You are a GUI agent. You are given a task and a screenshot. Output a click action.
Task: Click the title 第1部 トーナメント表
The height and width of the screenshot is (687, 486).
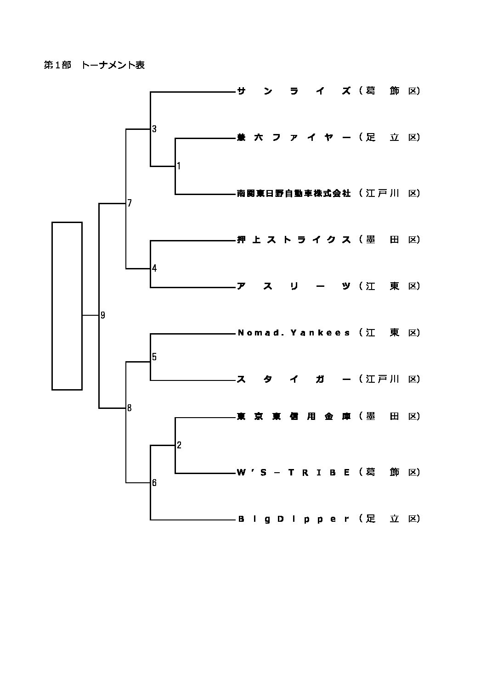coord(94,65)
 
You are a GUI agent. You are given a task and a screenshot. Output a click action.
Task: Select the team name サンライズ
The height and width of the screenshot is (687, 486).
coord(294,91)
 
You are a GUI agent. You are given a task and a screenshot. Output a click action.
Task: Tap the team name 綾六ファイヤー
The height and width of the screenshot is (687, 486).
coord(294,137)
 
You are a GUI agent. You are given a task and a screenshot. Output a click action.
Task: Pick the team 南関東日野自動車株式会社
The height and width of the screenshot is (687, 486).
coord(294,194)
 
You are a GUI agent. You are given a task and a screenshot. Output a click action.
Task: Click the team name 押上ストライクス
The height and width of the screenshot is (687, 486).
coord(294,240)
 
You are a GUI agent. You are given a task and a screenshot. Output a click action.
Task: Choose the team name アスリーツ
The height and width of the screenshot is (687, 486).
coord(294,286)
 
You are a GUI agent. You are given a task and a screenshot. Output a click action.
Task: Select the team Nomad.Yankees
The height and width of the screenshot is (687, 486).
coord(294,333)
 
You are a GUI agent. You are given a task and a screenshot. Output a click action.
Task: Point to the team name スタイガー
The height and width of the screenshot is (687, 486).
coord(294,379)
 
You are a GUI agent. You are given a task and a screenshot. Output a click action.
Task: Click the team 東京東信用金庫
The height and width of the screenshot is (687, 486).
coord(294,416)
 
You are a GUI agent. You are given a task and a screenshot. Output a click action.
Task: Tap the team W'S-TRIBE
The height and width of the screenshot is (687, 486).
coord(294,472)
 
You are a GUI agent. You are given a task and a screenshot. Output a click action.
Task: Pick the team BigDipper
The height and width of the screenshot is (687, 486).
coord(294,519)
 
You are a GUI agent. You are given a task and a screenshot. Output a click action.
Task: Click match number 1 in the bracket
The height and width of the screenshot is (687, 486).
coord(179,166)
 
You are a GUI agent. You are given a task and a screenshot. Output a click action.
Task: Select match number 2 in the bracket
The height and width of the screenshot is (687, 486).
coord(179,445)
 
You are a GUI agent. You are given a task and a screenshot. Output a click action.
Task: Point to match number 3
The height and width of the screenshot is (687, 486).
coord(154,129)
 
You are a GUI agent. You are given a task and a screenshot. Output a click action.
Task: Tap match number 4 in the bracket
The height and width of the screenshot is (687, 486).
coord(154,268)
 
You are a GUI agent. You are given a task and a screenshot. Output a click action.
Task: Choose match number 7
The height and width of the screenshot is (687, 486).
coord(130,203)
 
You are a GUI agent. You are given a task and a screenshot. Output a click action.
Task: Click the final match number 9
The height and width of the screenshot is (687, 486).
coord(103,315)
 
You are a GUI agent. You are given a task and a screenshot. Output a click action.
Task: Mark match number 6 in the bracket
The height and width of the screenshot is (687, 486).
coord(154,483)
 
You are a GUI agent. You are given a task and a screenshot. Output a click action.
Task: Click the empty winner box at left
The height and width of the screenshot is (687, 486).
coord(67,306)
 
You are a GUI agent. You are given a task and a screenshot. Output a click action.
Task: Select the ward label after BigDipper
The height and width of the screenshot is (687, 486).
coord(390,519)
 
